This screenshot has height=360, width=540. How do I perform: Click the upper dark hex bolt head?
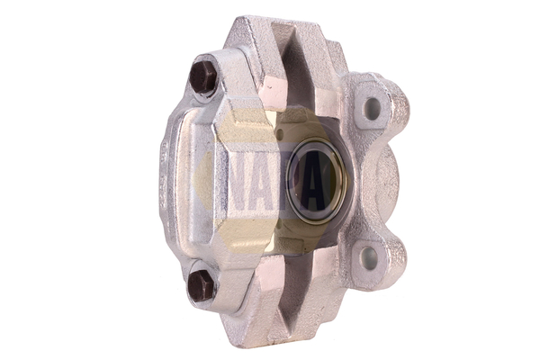(202, 77)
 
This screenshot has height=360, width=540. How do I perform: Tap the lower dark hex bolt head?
(201, 285)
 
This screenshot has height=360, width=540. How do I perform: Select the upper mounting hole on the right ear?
(372, 109)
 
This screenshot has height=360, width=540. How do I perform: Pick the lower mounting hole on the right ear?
(369, 258)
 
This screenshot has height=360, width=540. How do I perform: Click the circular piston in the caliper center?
(316, 181)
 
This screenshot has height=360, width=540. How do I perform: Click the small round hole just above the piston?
(280, 134)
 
